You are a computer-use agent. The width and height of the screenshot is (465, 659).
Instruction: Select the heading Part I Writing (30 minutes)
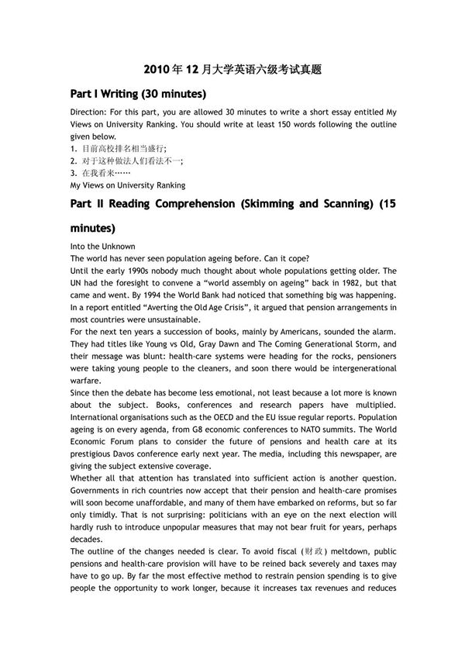[x=138, y=95]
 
